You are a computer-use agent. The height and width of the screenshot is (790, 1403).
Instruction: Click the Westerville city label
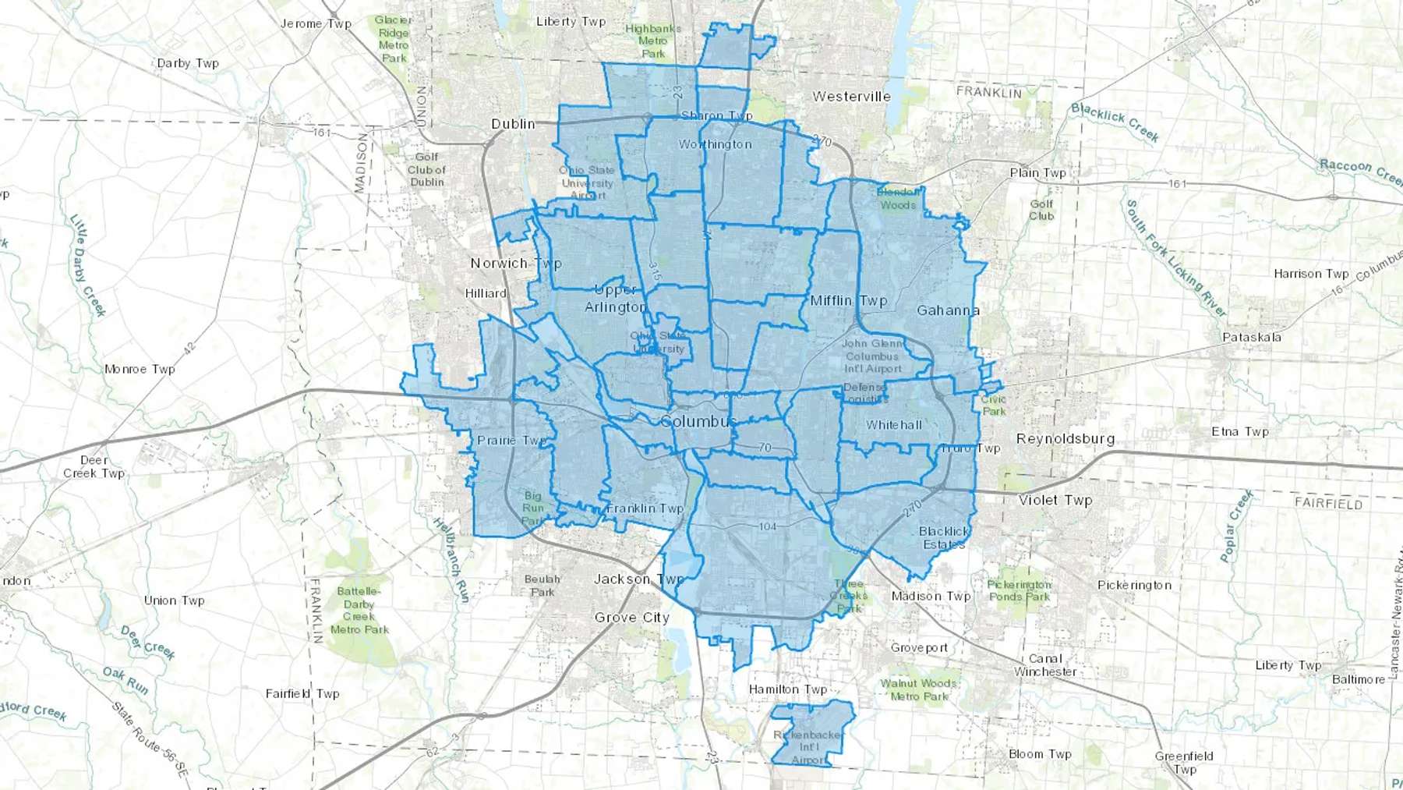pyautogui.click(x=851, y=97)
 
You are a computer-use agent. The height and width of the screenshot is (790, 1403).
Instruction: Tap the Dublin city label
pyautogui.click(x=513, y=124)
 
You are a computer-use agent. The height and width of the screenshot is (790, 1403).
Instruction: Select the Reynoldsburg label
pyautogui.click(x=1065, y=438)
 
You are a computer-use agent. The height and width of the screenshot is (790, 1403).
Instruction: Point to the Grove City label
pyautogui.click(x=631, y=618)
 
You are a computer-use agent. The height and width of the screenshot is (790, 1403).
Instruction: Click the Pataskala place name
pyautogui.click(x=1251, y=338)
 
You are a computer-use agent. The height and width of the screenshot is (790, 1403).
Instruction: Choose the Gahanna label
pyautogui.click(x=948, y=310)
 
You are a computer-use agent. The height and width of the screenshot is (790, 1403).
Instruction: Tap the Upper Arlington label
pyautogui.click(x=616, y=299)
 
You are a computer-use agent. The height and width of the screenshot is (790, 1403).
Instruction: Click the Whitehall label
pyautogui.click(x=894, y=425)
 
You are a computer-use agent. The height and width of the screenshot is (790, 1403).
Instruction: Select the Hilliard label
pyautogui.click(x=486, y=293)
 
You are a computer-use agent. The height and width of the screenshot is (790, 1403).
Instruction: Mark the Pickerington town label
pyautogui.click(x=1134, y=585)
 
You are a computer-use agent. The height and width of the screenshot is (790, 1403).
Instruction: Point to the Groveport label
pyautogui.click(x=920, y=647)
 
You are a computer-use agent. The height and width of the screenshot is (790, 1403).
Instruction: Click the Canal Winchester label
pyautogui.click(x=1045, y=665)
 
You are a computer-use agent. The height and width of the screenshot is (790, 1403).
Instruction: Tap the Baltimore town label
pyautogui.click(x=1359, y=679)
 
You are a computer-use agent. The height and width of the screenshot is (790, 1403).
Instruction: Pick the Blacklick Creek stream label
pyautogui.click(x=1115, y=122)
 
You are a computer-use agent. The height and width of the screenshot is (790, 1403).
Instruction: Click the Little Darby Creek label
pyautogui.click(x=87, y=264)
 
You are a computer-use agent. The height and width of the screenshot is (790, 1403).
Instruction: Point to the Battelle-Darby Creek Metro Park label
pyautogui.click(x=359, y=611)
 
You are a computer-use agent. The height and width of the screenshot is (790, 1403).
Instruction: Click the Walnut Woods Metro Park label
pyautogui.click(x=919, y=689)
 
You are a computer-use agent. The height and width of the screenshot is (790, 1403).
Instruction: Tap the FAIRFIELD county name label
pyautogui.click(x=1328, y=503)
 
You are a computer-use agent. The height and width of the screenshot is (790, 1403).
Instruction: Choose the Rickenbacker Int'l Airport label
pyautogui.click(x=808, y=747)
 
